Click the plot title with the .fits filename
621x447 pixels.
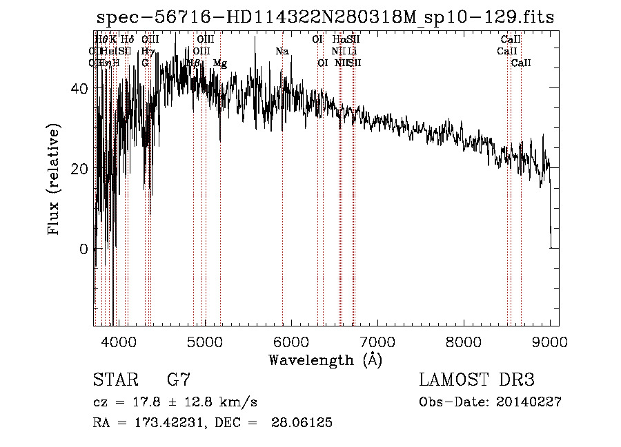coord(324,17)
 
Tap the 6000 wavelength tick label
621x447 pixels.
coord(290,342)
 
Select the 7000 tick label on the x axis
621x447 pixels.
coord(377,342)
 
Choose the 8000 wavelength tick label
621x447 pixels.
coord(463,342)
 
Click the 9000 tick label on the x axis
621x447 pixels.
coord(549,342)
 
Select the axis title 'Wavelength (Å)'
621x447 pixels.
coord(325,360)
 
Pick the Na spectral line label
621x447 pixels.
coord(282,52)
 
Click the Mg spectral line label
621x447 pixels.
coord(219,63)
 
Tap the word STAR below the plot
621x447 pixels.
coord(115,380)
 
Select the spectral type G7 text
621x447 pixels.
coord(178,380)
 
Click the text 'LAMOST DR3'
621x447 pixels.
coord(477,380)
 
